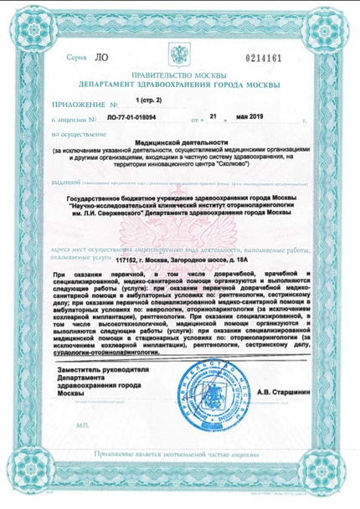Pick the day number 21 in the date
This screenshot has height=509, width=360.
[214, 120]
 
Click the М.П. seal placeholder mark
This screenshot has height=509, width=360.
[82, 425]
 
